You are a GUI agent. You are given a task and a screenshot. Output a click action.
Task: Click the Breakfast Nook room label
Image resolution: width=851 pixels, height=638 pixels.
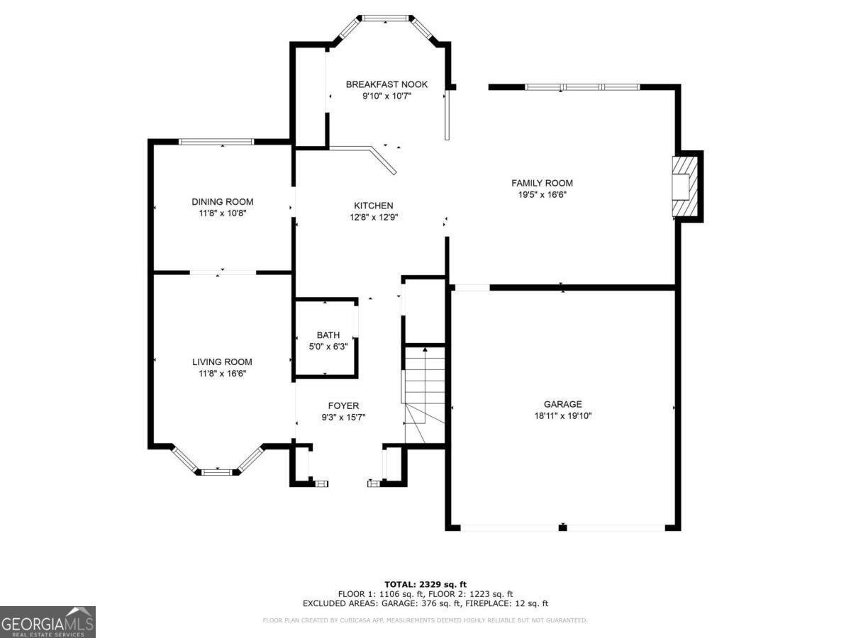(x=386, y=84)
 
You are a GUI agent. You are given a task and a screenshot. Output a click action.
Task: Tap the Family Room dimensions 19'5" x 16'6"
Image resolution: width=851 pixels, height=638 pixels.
(x=542, y=194)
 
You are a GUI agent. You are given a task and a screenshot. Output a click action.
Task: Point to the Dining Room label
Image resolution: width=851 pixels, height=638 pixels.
(x=222, y=201)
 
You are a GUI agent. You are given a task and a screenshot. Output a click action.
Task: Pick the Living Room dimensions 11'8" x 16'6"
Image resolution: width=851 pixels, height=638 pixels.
(x=222, y=373)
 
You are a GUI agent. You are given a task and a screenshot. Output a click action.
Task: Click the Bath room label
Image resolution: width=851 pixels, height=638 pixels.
(x=328, y=335)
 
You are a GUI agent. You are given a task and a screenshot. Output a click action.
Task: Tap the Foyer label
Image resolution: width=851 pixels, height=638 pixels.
(x=344, y=405)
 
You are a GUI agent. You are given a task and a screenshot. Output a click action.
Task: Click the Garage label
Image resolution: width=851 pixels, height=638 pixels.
(x=562, y=404)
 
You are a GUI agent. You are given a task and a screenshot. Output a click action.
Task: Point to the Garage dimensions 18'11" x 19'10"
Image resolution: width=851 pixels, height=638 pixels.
(x=562, y=416)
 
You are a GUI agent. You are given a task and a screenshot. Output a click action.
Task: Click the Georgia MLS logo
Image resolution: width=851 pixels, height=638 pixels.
(x=48, y=622)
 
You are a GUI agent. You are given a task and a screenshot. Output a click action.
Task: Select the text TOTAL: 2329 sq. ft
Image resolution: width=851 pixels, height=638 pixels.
(x=425, y=584)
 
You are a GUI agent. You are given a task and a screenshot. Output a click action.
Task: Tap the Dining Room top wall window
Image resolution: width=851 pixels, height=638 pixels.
(x=216, y=142)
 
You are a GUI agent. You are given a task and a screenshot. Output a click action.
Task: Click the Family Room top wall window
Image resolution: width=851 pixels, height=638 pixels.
(x=582, y=87)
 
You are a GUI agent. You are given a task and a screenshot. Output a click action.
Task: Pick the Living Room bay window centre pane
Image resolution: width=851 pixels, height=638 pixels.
(x=218, y=471)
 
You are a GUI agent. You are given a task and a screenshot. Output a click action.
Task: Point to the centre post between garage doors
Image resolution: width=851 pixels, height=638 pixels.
(x=562, y=527)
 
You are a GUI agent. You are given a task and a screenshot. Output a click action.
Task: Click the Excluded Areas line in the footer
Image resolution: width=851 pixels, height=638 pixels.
(x=425, y=604)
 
